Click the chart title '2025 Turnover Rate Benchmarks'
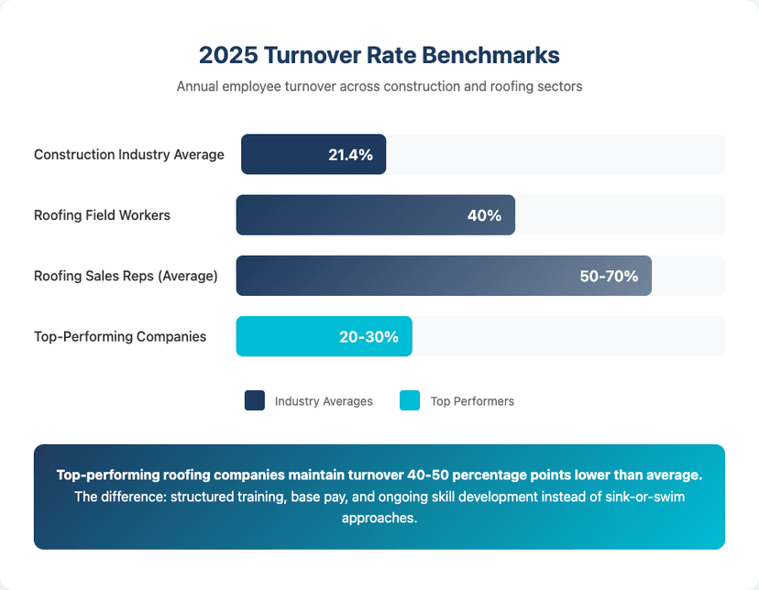(x=379, y=55)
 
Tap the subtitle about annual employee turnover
(x=379, y=86)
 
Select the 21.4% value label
(x=350, y=155)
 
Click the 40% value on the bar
(x=484, y=216)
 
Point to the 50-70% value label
(x=609, y=276)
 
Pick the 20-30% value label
(x=368, y=337)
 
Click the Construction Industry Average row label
(x=129, y=155)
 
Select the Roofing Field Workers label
(x=102, y=215)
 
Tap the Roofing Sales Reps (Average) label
(x=126, y=276)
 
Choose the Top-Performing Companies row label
(x=120, y=336)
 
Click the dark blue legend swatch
(x=255, y=400)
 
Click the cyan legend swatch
(x=410, y=400)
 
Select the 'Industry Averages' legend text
(x=324, y=401)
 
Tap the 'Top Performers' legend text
(x=472, y=401)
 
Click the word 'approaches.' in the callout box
(x=379, y=518)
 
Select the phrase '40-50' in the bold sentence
(x=496, y=475)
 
